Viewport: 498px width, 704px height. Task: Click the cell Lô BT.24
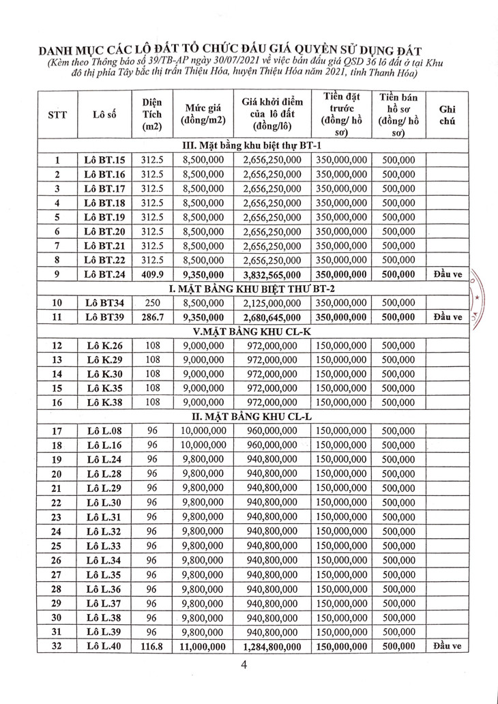click(104, 274)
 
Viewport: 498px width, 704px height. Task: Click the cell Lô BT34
click(104, 302)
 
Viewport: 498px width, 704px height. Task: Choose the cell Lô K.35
click(104, 388)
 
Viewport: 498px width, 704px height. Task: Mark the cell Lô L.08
click(104, 431)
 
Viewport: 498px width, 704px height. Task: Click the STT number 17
click(57, 431)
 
